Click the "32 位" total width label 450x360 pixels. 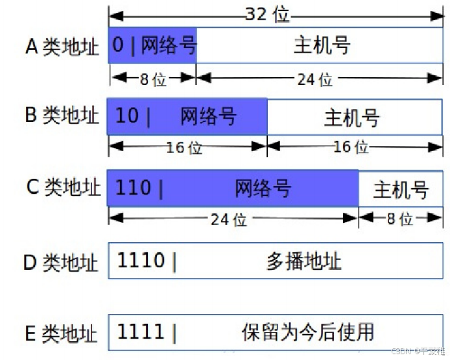[x=266, y=14]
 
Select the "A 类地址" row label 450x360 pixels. [x=62, y=47]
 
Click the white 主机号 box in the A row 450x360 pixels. [x=321, y=45]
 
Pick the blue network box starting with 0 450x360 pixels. [x=153, y=45]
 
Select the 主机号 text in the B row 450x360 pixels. [x=351, y=118]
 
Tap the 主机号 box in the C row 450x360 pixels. [x=401, y=189]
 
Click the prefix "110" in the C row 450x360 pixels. [x=133, y=188]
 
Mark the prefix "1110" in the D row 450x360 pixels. [x=141, y=261]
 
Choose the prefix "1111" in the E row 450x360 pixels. [x=141, y=332]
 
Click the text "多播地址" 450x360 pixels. [x=303, y=261]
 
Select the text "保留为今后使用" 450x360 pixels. [x=308, y=332]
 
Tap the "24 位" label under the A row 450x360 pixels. [x=315, y=79]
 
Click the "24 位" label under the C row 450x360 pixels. [x=229, y=219]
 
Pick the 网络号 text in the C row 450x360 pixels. [x=263, y=189]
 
